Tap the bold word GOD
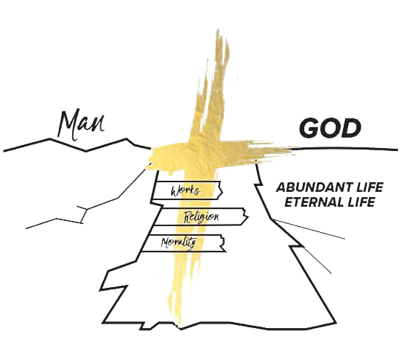pos(330,128)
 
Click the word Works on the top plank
pos(185,190)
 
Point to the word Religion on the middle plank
pos(202,217)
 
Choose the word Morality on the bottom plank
pos(179,242)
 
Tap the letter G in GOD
pos(309,128)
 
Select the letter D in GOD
pos(352,128)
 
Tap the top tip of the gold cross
pos(218,30)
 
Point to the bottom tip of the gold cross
pos(180,327)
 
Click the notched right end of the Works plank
pos(221,190)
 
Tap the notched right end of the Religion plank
pos(247,217)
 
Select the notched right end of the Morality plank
pos(224,243)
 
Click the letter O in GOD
pos(330,128)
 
